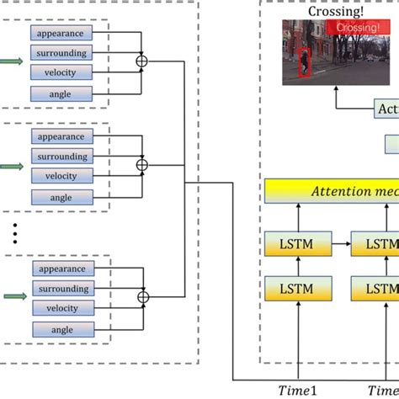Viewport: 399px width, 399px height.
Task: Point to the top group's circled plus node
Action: click(142, 61)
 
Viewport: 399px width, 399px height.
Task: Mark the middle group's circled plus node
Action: click(142, 164)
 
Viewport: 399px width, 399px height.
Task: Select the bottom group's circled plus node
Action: click(142, 296)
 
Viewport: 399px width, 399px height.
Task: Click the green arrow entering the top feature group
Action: click(10, 61)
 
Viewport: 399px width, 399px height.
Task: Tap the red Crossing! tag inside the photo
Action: click(353, 28)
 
